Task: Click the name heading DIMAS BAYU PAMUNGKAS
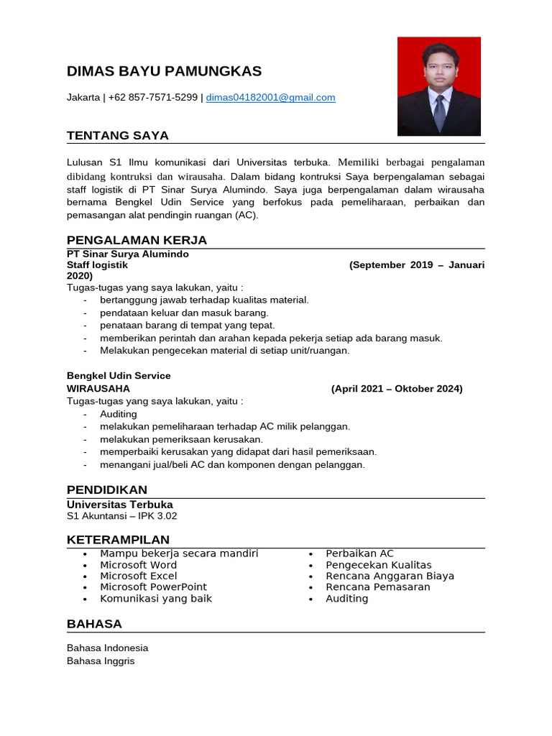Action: click(x=164, y=71)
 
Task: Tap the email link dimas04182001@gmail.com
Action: click(x=270, y=98)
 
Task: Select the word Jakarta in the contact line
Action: click(x=83, y=98)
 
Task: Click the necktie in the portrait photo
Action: click(x=438, y=111)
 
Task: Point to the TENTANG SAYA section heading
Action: click(x=118, y=135)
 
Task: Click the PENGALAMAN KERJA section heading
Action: click(x=137, y=240)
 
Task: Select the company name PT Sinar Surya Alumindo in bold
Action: click(x=128, y=254)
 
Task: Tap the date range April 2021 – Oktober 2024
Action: click(x=397, y=389)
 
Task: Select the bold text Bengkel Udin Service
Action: click(x=119, y=376)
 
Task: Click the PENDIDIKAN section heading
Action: click(x=107, y=489)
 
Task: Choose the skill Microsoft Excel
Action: click(x=138, y=576)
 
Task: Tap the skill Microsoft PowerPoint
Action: click(x=153, y=587)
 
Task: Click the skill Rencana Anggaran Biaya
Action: click(x=390, y=576)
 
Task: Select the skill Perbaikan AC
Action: click(x=359, y=553)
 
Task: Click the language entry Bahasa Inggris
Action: click(x=101, y=661)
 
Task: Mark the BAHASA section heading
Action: click(x=94, y=623)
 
